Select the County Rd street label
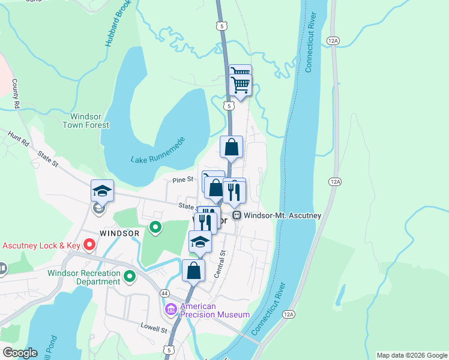(x=16, y=94)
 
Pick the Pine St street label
(x=183, y=179)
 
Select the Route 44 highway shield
(x=164, y=293)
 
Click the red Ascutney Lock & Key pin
(x=89, y=244)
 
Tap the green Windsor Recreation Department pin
(x=130, y=277)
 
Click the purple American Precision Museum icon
(x=170, y=310)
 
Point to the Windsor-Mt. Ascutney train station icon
(x=237, y=215)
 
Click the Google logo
(x=20, y=353)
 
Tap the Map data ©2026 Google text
(x=412, y=355)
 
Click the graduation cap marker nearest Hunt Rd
(x=102, y=191)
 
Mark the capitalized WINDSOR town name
(x=119, y=232)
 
